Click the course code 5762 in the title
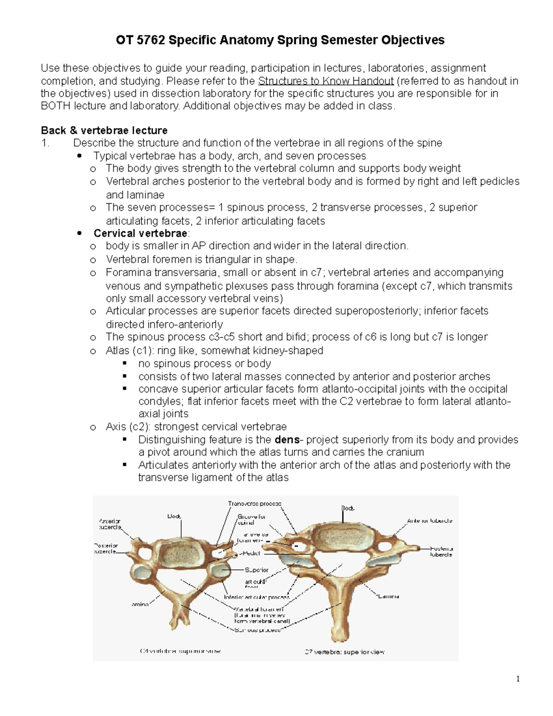point(151,41)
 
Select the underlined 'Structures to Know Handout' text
point(326,81)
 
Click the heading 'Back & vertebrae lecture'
point(104,130)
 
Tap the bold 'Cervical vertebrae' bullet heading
point(141,233)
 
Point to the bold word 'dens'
point(287,440)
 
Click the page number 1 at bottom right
point(518,678)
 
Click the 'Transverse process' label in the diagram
point(254,504)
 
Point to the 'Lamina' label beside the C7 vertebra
point(388,596)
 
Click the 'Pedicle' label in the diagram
point(251,553)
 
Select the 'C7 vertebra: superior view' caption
point(344,652)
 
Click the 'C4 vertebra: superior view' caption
point(180,651)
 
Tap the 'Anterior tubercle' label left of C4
point(110,524)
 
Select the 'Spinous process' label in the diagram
point(257,630)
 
